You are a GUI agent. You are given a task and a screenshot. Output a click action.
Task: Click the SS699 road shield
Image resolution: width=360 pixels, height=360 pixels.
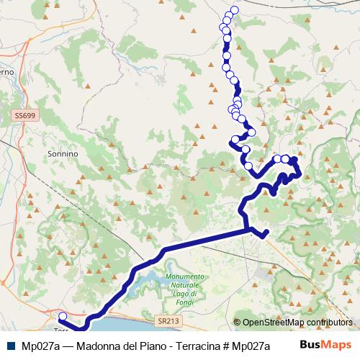click(x=24, y=115)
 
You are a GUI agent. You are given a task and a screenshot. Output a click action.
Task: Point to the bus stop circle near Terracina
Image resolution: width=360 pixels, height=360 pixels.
click(x=63, y=316)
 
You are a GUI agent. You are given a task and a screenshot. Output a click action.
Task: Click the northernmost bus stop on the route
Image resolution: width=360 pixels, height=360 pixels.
click(x=233, y=10)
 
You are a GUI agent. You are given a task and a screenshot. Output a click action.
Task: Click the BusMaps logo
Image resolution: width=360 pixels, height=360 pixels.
click(x=325, y=345)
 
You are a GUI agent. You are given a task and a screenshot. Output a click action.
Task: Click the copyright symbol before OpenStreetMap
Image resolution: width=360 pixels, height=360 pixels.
click(x=237, y=323)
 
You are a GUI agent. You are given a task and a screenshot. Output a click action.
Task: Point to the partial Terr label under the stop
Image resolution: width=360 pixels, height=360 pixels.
click(x=60, y=330)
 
